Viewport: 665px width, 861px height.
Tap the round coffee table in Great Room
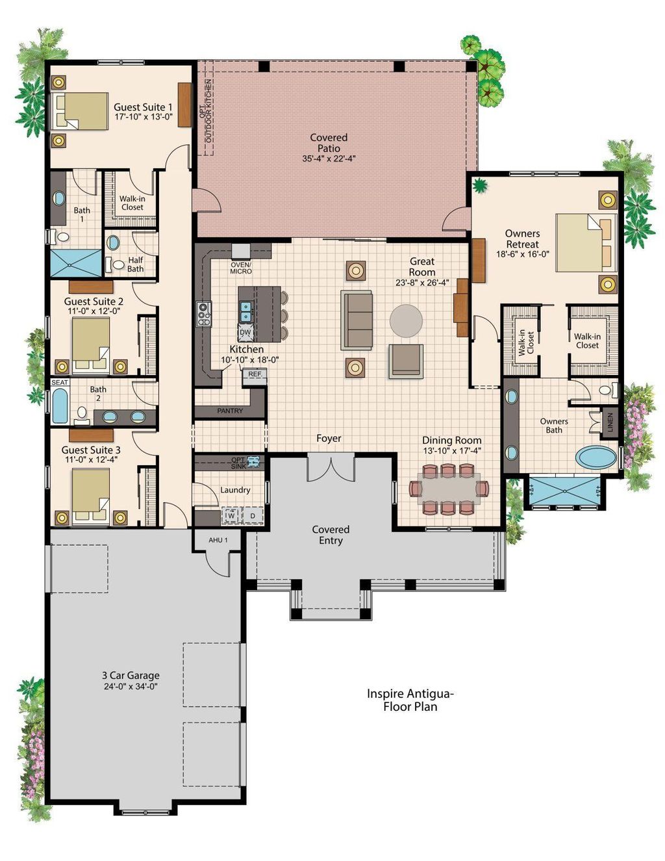click(406, 320)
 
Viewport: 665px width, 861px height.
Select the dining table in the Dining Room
click(449, 488)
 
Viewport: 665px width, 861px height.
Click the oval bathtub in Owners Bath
click(596, 457)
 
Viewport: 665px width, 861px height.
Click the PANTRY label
click(230, 411)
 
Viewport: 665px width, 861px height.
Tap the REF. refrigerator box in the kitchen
click(255, 374)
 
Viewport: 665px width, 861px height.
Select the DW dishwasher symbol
click(245, 333)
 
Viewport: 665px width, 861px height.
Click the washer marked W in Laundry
click(231, 516)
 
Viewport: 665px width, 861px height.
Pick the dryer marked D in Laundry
click(253, 516)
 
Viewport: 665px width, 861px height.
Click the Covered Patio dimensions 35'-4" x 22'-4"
click(329, 159)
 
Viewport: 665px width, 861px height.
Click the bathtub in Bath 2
click(60, 406)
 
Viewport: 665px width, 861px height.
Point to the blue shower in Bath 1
click(77, 263)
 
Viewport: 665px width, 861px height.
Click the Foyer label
click(329, 439)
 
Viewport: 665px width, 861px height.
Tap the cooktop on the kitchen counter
click(204, 314)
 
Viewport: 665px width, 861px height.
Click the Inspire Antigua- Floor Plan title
click(410, 700)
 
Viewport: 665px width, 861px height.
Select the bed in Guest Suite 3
click(90, 495)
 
